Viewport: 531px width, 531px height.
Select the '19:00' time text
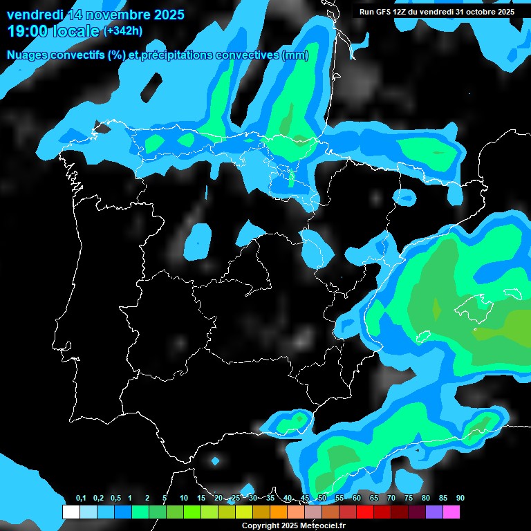27,31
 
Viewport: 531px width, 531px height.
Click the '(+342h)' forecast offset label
122,31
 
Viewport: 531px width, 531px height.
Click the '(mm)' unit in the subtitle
295,55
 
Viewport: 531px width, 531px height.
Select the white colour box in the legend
71,512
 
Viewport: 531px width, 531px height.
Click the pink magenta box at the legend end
451,512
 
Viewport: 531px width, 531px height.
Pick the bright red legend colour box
364,512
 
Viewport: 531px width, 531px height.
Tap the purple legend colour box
434,512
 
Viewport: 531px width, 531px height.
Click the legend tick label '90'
460,499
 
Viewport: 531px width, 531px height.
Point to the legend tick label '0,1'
80,499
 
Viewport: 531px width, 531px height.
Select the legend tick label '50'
322,499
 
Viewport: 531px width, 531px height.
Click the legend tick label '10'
183,499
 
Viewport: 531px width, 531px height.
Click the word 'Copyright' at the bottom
260,525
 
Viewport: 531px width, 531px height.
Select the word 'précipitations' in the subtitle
173,55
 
